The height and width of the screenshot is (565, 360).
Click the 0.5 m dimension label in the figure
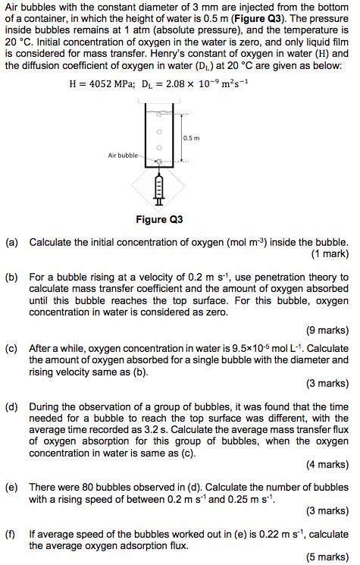(x=191, y=137)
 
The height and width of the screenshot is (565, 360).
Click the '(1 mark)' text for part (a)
(x=330, y=254)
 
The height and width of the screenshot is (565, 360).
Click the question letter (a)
(x=11, y=242)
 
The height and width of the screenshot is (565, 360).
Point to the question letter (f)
(x=11, y=533)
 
